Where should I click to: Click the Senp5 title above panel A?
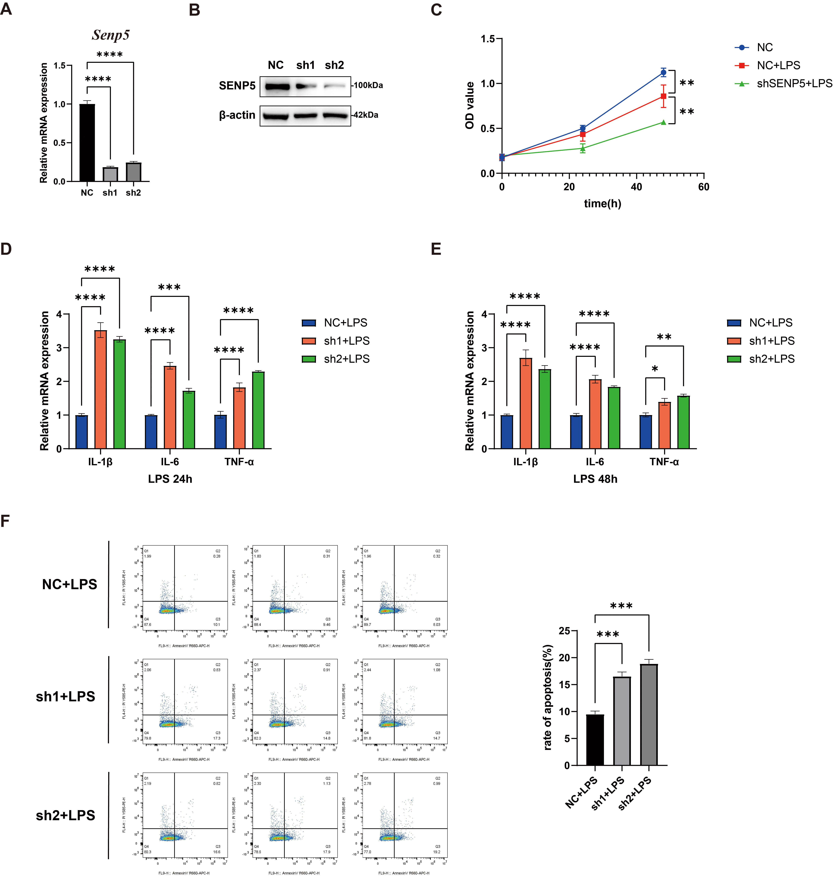(x=111, y=35)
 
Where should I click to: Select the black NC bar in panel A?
(x=87, y=142)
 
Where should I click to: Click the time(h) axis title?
(x=602, y=203)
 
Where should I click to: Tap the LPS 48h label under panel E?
(x=595, y=479)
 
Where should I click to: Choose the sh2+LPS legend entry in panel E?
(x=771, y=359)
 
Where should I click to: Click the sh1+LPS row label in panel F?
(x=66, y=696)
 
